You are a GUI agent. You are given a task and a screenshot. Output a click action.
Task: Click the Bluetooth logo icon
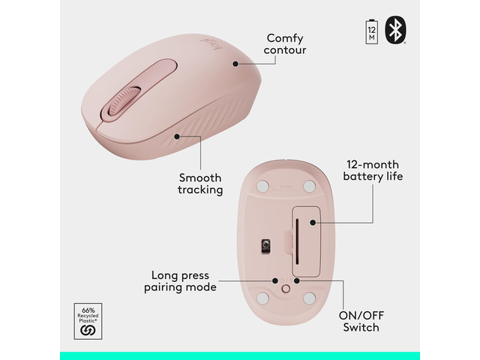[x=395, y=30]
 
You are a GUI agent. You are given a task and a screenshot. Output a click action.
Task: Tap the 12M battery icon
[x=372, y=31]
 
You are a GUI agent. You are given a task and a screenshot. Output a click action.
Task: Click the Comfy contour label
[x=285, y=44]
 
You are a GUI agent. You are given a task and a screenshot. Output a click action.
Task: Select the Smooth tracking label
[x=200, y=183]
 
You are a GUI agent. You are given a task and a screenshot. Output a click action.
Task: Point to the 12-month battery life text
[x=373, y=170]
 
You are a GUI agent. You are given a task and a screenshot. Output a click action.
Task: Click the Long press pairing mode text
[x=180, y=281]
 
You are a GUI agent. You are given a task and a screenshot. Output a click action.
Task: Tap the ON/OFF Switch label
[x=361, y=322]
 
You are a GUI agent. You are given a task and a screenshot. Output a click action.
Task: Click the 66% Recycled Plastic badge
[x=88, y=321]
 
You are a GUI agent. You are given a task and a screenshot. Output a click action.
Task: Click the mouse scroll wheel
[x=124, y=101]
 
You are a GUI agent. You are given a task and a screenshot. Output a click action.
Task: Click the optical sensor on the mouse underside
[x=265, y=246]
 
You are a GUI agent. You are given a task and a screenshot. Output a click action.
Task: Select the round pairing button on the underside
[x=286, y=288]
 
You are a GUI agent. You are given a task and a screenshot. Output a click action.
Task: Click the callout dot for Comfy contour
[x=235, y=64]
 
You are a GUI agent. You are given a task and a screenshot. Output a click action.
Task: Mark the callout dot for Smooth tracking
[x=177, y=136]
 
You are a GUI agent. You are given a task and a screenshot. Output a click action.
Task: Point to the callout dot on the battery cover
[x=313, y=223]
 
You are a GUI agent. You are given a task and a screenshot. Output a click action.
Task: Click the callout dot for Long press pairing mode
[x=275, y=280]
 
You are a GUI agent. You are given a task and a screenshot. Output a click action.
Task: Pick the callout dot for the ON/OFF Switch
[x=296, y=280]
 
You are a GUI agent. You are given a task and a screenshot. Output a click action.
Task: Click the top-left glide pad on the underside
[x=262, y=186]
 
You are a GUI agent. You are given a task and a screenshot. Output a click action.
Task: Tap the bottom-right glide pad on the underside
[x=309, y=298]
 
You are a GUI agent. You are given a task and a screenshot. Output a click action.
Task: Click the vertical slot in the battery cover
[x=297, y=241]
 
